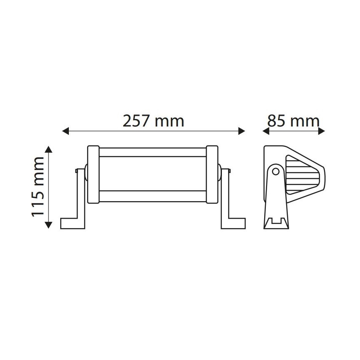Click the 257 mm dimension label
[153, 121]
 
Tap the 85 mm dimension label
[293, 121]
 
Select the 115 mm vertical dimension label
[38, 187]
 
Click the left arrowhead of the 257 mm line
[65, 131]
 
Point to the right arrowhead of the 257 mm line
[242, 131]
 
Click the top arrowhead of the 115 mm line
[49, 149]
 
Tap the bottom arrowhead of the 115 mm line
[49, 225]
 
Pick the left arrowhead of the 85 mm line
[266, 131]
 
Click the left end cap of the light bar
[93, 175]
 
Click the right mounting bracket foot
[234, 223]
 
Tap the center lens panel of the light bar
[153, 174]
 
